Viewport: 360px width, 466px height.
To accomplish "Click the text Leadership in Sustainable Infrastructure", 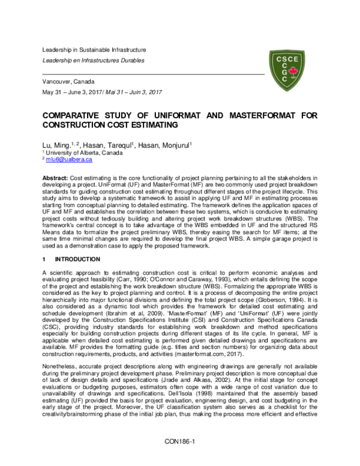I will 94,50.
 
